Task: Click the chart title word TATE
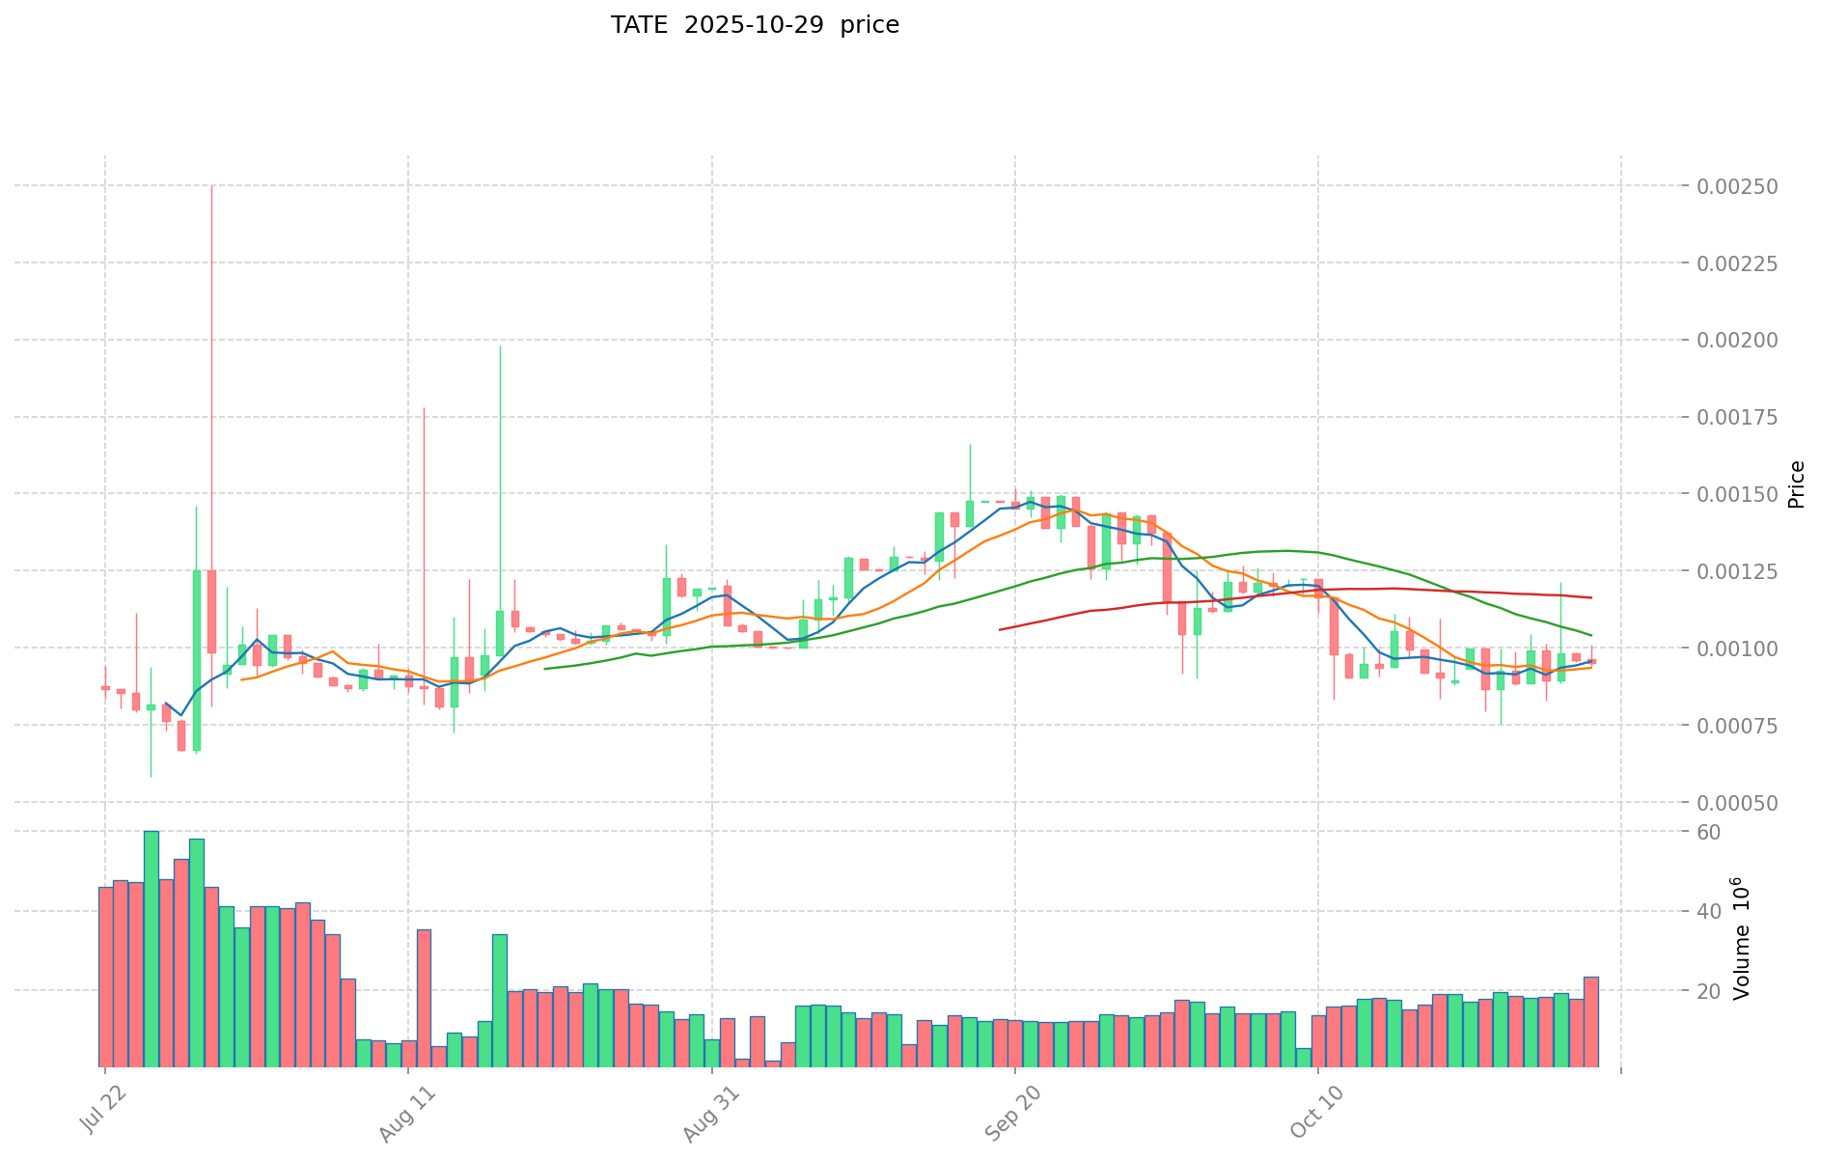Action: [x=638, y=25]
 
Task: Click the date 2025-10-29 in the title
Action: [x=754, y=25]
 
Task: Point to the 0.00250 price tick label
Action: [x=1736, y=185]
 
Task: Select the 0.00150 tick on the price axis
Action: [x=1736, y=494]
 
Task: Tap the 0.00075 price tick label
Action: [x=1736, y=726]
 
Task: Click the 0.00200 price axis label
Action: [x=1736, y=340]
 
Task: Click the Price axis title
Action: [x=1796, y=484]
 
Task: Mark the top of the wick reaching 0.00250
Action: [x=211, y=186]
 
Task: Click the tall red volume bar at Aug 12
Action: [x=424, y=998]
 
